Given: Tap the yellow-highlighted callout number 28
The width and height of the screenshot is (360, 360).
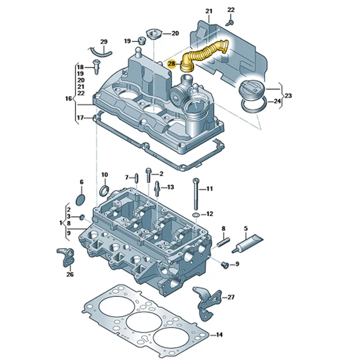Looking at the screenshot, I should [171, 63].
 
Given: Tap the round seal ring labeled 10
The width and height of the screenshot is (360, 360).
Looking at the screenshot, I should [104, 192].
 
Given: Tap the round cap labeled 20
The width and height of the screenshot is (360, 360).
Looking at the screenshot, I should [152, 33].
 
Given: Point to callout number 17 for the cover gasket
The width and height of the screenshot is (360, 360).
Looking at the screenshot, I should [80, 117].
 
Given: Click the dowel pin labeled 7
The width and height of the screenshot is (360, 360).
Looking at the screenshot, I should [137, 178].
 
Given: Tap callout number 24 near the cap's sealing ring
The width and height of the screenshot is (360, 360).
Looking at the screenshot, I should [276, 102].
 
